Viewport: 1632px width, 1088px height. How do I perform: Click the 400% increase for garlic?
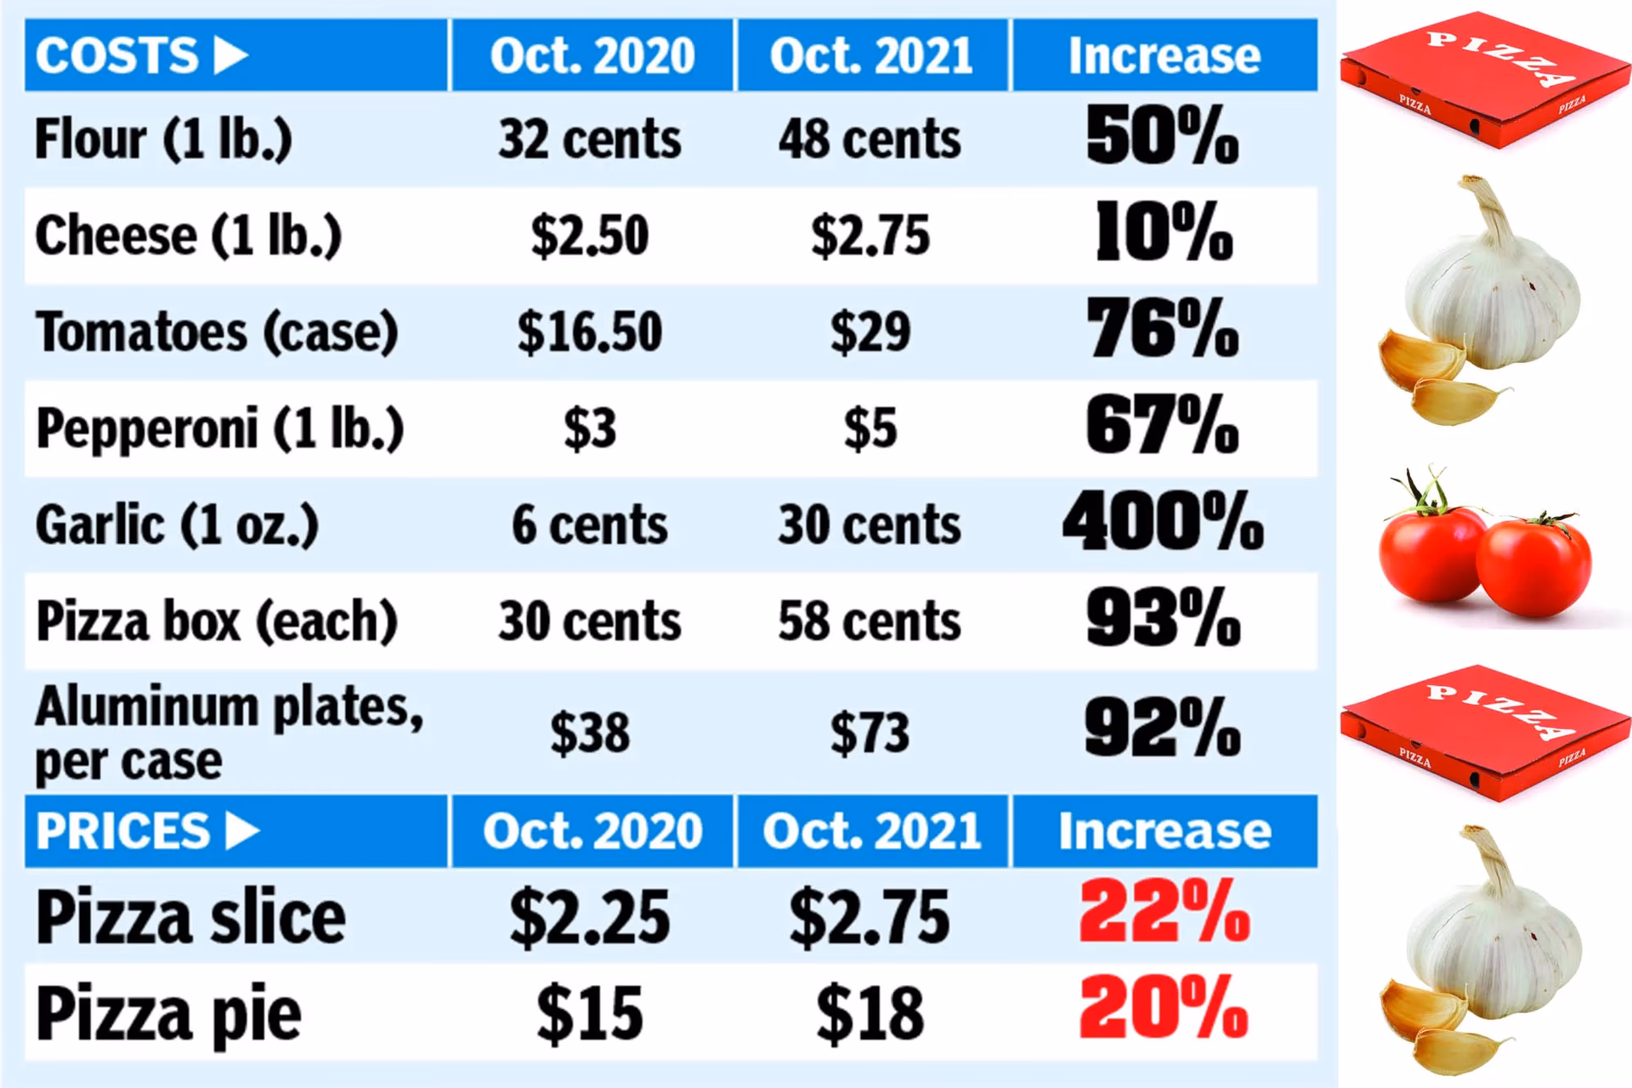pos(1163,523)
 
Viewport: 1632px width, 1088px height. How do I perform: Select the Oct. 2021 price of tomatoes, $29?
pos(870,331)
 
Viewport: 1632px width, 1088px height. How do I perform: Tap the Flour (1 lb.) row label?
pos(163,139)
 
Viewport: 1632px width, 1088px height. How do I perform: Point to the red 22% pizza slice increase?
pos(1164,913)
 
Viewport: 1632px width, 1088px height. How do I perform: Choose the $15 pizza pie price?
pos(589,1013)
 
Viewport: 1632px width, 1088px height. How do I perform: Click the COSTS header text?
pos(116,56)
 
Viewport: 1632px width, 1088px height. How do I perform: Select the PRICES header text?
pos(122,831)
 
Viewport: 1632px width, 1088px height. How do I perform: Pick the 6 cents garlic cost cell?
pos(589,524)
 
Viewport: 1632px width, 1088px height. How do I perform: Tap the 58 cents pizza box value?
pos(870,621)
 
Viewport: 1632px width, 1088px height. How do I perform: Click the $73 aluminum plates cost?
pos(870,733)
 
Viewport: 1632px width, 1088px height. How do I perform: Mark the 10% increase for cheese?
pos(1163,233)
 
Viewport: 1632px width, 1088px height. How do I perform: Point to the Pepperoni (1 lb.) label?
pos(219,428)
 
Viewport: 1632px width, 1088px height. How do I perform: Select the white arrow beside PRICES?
pos(242,831)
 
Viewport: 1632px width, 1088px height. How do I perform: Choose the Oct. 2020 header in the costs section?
pos(592,56)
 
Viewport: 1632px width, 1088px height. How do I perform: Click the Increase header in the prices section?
pos(1164,831)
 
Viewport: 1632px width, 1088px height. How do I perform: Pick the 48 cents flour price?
pos(870,139)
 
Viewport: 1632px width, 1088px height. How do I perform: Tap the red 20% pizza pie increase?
pos(1163,1010)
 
